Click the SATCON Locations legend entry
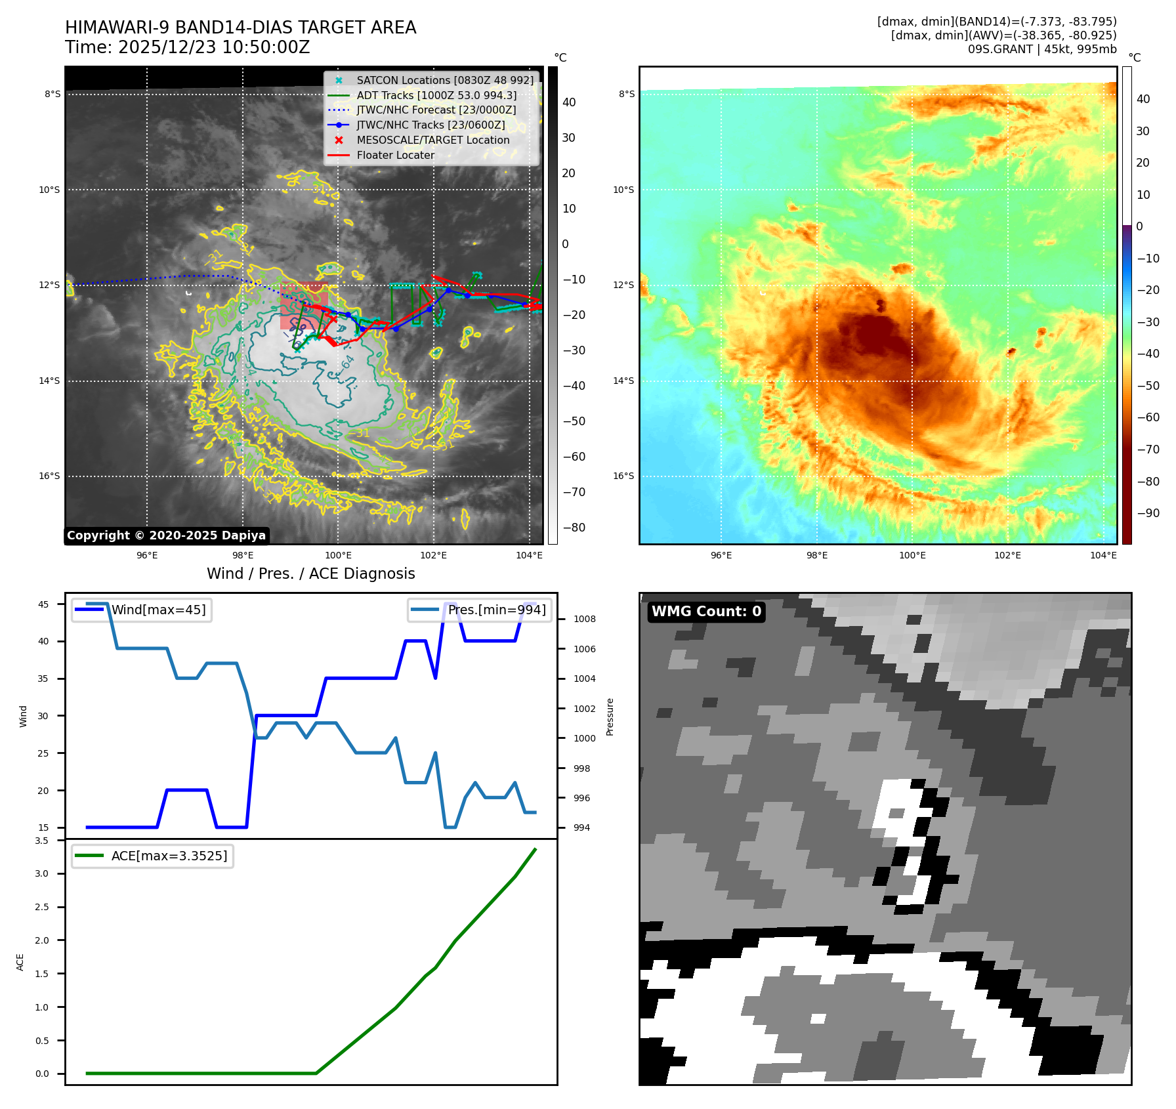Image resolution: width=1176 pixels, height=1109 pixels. tap(444, 80)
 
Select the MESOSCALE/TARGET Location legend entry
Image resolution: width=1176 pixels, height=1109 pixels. tap(432, 140)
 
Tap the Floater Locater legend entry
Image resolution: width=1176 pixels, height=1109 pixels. tap(395, 155)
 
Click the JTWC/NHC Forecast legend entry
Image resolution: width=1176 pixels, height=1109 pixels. tap(436, 110)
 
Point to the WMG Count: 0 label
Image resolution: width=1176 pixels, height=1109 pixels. tap(706, 612)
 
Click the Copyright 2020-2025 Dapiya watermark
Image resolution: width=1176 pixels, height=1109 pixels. tap(166, 535)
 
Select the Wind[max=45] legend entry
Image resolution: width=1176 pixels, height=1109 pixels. tap(158, 610)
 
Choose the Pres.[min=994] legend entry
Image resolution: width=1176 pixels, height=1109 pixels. tap(496, 610)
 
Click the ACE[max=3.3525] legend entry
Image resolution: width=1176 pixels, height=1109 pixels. tap(169, 856)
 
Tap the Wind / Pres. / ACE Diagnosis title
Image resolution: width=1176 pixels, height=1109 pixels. tap(310, 574)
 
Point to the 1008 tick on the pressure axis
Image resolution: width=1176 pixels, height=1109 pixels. tap(584, 619)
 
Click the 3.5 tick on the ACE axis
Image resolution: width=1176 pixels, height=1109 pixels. tap(42, 841)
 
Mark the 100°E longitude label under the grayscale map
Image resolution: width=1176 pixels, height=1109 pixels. tap(339, 555)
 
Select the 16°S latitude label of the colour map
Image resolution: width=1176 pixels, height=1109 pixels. tap(623, 476)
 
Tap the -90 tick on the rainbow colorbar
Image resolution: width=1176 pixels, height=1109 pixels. tap(1148, 513)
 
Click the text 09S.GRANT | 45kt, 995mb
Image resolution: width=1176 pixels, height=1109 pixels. tap(1041, 49)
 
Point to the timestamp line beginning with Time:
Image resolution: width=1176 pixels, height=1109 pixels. tap(187, 47)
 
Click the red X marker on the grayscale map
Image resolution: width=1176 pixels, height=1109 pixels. tap(333, 319)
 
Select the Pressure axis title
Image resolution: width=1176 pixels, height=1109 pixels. tap(610, 717)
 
